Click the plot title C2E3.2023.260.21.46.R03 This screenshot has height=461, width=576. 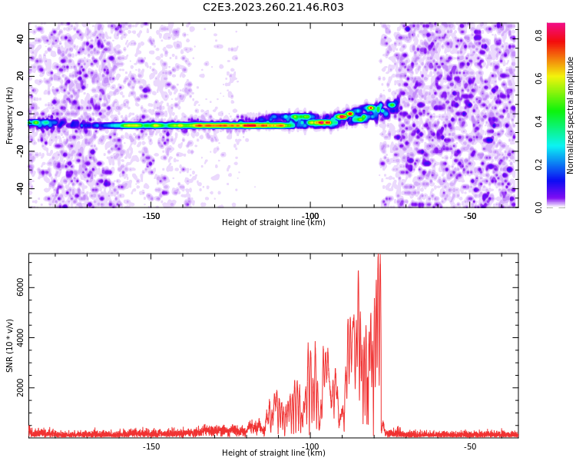(x=273, y=7)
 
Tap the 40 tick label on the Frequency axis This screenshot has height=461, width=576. (x=20, y=38)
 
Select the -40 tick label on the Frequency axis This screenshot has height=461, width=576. (x=20, y=189)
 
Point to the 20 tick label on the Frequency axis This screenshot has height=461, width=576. (x=20, y=76)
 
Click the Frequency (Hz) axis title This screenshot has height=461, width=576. (x=9, y=115)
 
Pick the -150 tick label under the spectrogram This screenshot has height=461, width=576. (x=151, y=216)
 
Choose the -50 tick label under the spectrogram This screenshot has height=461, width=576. (x=470, y=216)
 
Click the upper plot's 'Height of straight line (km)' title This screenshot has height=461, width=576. (x=273, y=222)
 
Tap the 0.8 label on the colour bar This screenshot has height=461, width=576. (x=538, y=35)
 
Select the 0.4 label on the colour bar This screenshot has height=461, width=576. (x=538, y=121)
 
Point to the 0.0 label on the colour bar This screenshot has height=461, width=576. (x=538, y=207)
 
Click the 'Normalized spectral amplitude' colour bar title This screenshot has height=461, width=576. (x=570, y=115)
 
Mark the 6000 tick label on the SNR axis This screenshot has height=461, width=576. (x=20, y=287)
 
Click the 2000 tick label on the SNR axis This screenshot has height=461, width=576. (x=20, y=387)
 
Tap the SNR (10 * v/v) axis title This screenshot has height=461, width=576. (x=9, y=346)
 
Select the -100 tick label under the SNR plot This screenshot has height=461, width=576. (x=310, y=446)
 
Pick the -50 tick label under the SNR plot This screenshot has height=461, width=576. (x=470, y=446)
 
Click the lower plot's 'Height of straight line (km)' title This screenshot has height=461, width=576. (x=273, y=453)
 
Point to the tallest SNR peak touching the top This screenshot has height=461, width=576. (x=379, y=255)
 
